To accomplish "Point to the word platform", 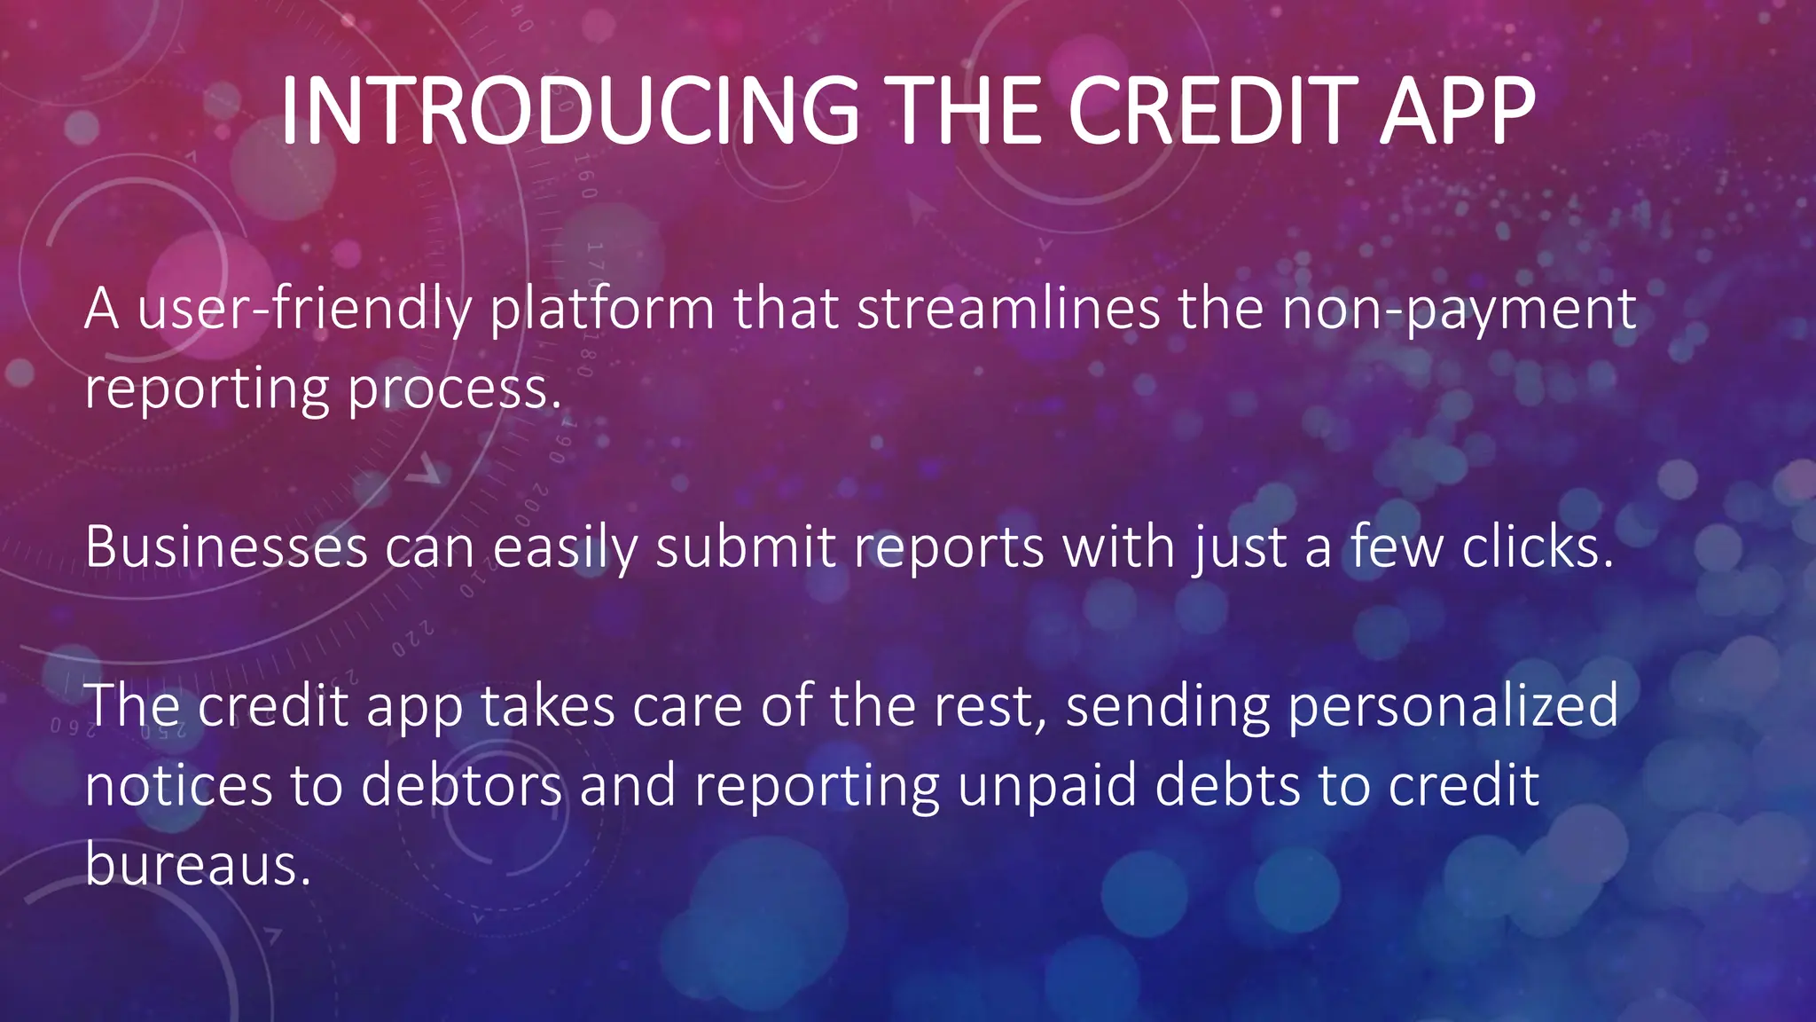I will [x=602, y=311].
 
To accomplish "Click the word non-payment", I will [x=1459, y=311].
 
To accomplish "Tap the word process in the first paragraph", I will [x=454, y=390].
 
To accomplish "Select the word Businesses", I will [x=226, y=547].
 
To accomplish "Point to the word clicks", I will [x=1537, y=547].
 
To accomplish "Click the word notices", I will [x=178, y=786].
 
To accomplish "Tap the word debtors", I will [x=461, y=786].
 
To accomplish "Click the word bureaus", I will [x=197, y=864].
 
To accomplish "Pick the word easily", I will [x=565, y=549].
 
